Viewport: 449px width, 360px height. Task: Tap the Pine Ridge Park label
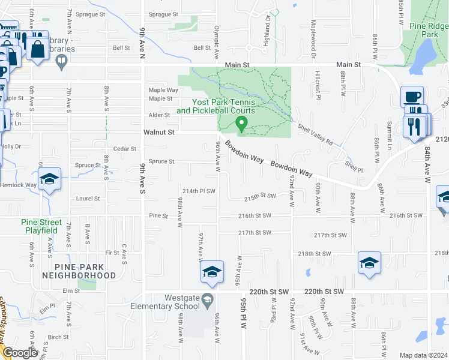tap(429, 31)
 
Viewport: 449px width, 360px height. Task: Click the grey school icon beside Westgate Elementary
tap(207, 299)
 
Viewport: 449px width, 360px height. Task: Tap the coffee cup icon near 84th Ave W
tap(412, 97)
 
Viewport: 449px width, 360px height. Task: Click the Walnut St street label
tap(158, 132)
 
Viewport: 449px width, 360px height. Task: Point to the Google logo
tap(19, 353)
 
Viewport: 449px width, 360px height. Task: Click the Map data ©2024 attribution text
tap(424, 355)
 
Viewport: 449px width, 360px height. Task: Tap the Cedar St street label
tap(125, 149)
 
